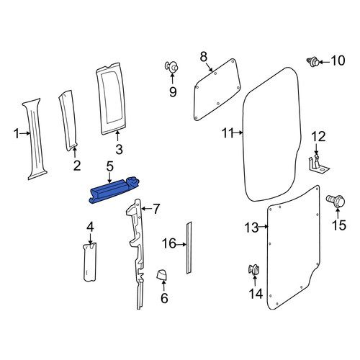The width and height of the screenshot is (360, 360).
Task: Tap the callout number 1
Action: pyautogui.click(x=17, y=133)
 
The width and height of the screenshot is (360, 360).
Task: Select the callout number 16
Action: pyautogui.click(x=169, y=243)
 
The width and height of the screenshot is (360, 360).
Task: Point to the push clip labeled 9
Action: pyautogui.click(x=171, y=67)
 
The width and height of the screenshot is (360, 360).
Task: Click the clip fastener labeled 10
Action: pyautogui.click(x=313, y=62)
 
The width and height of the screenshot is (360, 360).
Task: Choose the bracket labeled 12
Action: pyautogui.click(x=318, y=164)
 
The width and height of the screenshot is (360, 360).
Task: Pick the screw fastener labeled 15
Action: pyautogui.click(x=336, y=201)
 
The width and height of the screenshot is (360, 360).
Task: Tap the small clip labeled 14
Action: pyautogui.click(x=254, y=269)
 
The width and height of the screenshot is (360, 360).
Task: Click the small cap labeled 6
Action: pyautogui.click(x=161, y=275)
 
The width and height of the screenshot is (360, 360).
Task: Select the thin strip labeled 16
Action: pyautogui.click(x=189, y=248)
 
